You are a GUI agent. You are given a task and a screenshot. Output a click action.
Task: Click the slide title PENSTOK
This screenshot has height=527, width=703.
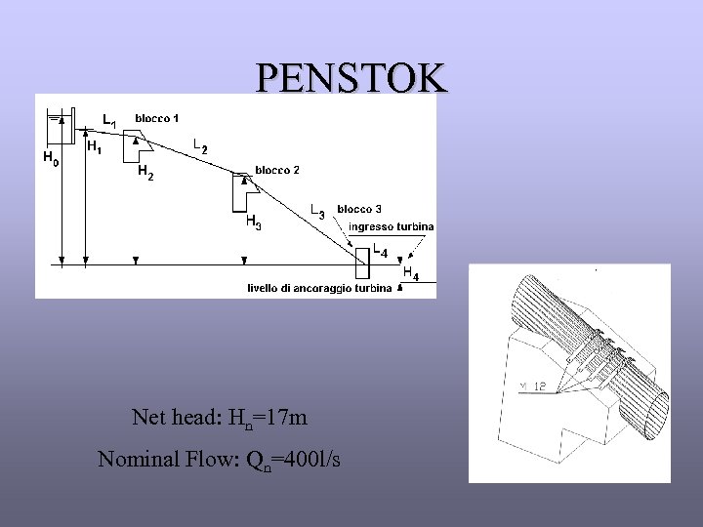tap(351, 77)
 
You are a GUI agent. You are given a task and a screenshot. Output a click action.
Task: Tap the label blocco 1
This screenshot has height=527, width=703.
tap(156, 119)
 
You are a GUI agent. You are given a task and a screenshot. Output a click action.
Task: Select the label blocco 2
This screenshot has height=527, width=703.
tap(277, 171)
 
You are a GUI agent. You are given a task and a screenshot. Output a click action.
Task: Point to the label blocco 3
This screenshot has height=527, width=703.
tap(359, 209)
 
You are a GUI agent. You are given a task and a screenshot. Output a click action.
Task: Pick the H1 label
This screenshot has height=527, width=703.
tap(95, 148)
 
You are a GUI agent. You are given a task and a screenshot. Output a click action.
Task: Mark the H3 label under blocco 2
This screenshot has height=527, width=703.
tap(253, 223)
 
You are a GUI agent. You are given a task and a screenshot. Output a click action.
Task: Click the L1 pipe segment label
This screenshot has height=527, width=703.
tap(110, 121)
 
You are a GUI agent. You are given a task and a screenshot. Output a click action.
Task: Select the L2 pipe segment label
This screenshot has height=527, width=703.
tap(200, 147)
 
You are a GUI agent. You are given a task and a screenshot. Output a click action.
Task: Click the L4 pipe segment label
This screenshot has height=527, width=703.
tap(381, 252)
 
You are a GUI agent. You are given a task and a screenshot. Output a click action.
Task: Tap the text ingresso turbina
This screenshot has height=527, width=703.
tap(392, 226)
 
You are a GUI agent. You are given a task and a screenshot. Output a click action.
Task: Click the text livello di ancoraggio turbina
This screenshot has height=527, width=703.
tap(320, 288)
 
